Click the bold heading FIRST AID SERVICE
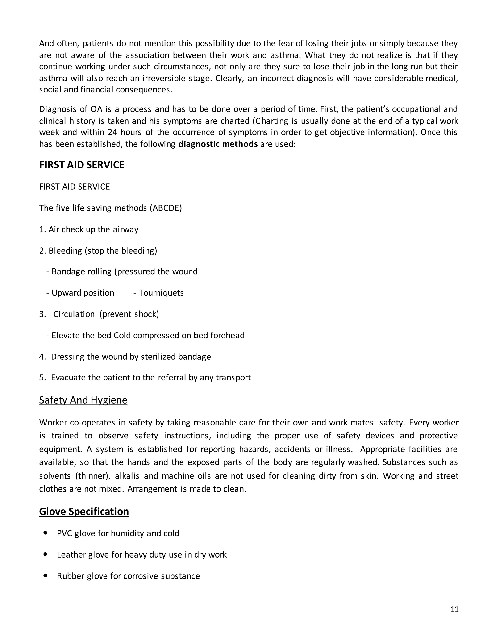click(x=82, y=165)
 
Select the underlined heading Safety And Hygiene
click(x=83, y=400)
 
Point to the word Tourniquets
click(x=161, y=293)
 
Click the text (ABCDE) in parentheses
click(x=166, y=208)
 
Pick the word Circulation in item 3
click(x=74, y=314)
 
